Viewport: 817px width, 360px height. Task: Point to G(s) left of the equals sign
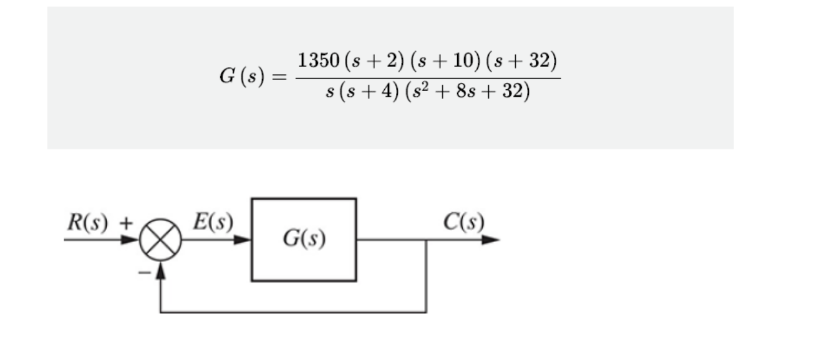pos(242,78)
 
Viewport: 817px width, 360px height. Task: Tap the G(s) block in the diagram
pos(304,240)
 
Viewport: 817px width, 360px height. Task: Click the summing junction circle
pos(160,240)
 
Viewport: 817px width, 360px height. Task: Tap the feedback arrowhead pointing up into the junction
pos(161,270)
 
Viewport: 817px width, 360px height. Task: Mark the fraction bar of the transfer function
pos(427,78)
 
